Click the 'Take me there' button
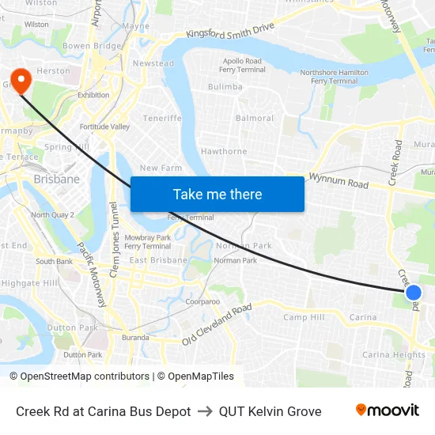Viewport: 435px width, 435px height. [x=217, y=194]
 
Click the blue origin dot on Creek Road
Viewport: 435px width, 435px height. [x=413, y=293]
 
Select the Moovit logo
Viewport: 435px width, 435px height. [x=387, y=410]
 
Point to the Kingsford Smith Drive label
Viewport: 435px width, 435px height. [x=230, y=31]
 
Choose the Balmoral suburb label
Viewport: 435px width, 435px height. [x=255, y=119]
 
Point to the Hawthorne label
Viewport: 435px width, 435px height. [x=224, y=151]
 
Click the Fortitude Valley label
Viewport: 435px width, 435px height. [x=104, y=127]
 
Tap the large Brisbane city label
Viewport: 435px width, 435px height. [x=57, y=180]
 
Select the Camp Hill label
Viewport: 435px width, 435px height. [x=304, y=317]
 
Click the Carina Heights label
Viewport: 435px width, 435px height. [x=393, y=355]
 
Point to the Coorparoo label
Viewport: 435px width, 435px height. [x=202, y=301]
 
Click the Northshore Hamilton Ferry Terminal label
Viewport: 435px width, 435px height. [x=334, y=77]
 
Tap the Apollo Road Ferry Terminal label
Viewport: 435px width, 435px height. [x=242, y=66]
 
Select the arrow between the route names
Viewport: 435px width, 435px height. [x=205, y=411]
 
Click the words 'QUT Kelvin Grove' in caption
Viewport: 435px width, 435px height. [x=270, y=411]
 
